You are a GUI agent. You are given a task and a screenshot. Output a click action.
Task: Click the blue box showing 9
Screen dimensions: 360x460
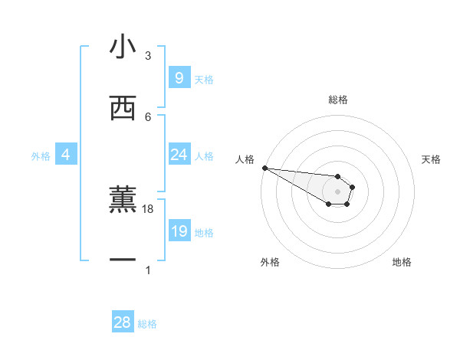[179, 77]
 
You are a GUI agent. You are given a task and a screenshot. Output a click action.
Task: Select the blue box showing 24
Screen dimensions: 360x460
[179, 155]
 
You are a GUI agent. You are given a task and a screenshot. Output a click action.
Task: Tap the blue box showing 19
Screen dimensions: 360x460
[179, 231]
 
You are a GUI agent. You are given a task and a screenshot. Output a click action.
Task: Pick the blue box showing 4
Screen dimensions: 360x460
[66, 155]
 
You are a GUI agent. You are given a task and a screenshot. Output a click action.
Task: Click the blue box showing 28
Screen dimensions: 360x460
[123, 322]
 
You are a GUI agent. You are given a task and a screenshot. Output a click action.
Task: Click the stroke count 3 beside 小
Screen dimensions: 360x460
[148, 56]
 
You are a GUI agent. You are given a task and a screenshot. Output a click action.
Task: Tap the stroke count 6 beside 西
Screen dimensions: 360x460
[148, 116]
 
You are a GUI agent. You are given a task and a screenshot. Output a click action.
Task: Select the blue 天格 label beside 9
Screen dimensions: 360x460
[203, 79]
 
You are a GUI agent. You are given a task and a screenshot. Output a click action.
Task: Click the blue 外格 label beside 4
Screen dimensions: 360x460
[41, 156]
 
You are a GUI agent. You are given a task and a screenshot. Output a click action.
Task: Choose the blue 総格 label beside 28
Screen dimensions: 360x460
[147, 324]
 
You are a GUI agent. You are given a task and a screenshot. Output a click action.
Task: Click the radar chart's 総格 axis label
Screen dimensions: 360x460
[338, 100]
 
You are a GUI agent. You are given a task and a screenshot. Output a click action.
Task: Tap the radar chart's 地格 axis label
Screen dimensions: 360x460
[402, 262]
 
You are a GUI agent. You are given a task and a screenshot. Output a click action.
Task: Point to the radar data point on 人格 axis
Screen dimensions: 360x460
[264, 168]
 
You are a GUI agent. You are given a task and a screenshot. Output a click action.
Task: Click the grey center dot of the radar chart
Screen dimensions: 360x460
[338, 191]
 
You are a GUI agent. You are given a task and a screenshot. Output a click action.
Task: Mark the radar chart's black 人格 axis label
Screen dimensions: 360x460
[245, 159]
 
